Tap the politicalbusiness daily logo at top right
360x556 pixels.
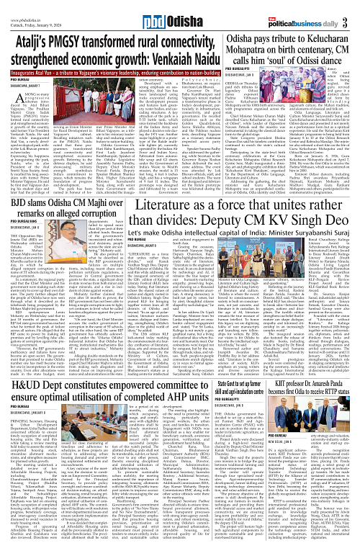click(321, 9)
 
